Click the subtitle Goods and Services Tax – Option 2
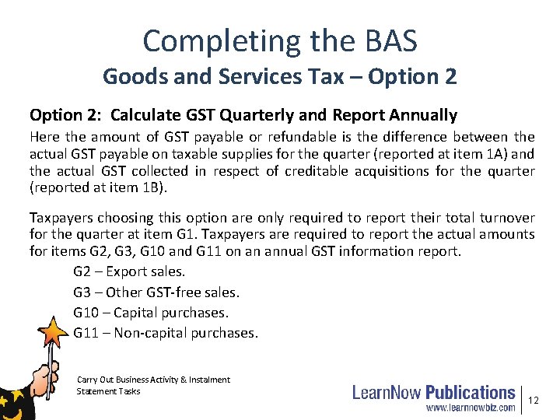click(x=280, y=76)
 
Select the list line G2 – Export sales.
click(x=129, y=271)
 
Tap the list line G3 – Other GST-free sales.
click(x=156, y=292)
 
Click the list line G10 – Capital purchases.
click(x=151, y=313)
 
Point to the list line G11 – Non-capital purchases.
click(x=165, y=333)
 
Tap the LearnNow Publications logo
click(x=434, y=392)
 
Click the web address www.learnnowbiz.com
click(x=470, y=407)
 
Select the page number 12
click(x=533, y=400)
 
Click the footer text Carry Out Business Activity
click(x=128, y=380)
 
